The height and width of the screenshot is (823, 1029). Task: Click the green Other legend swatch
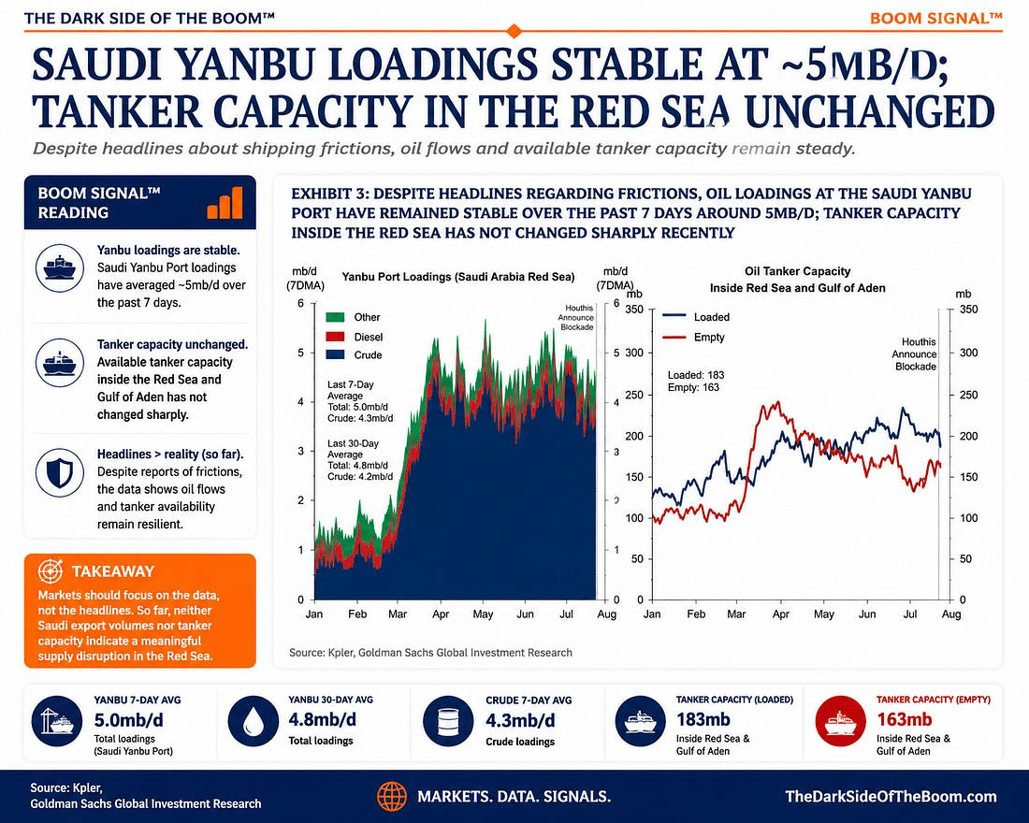pyautogui.click(x=335, y=317)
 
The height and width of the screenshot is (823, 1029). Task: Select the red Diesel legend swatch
pyautogui.click(x=335, y=337)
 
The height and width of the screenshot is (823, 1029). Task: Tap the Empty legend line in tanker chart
pyautogui.click(x=674, y=337)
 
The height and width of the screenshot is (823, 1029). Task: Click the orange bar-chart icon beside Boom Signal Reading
pyautogui.click(x=225, y=203)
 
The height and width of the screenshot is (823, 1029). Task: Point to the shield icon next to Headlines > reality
pyautogui.click(x=60, y=472)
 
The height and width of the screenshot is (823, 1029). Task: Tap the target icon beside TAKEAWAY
pyautogui.click(x=50, y=571)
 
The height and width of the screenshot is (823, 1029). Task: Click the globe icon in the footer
pyautogui.click(x=392, y=797)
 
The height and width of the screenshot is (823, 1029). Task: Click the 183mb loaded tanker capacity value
pyautogui.click(x=703, y=719)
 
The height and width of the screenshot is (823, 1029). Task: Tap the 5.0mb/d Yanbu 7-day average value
pyautogui.click(x=129, y=720)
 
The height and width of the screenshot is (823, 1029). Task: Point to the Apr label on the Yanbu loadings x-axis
pyautogui.click(x=441, y=614)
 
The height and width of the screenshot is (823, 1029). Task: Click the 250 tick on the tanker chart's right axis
pyautogui.click(x=968, y=395)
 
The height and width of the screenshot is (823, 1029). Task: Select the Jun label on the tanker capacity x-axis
pyautogui.click(x=867, y=614)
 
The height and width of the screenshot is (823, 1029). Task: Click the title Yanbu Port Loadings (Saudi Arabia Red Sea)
pyautogui.click(x=458, y=277)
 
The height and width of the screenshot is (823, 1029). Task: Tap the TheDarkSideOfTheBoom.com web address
pyautogui.click(x=891, y=797)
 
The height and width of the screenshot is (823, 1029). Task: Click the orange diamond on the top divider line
pyautogui.click(x=514, y=30)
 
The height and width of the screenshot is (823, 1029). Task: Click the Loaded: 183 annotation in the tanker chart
pyautogui.click(x=696, y=375)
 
